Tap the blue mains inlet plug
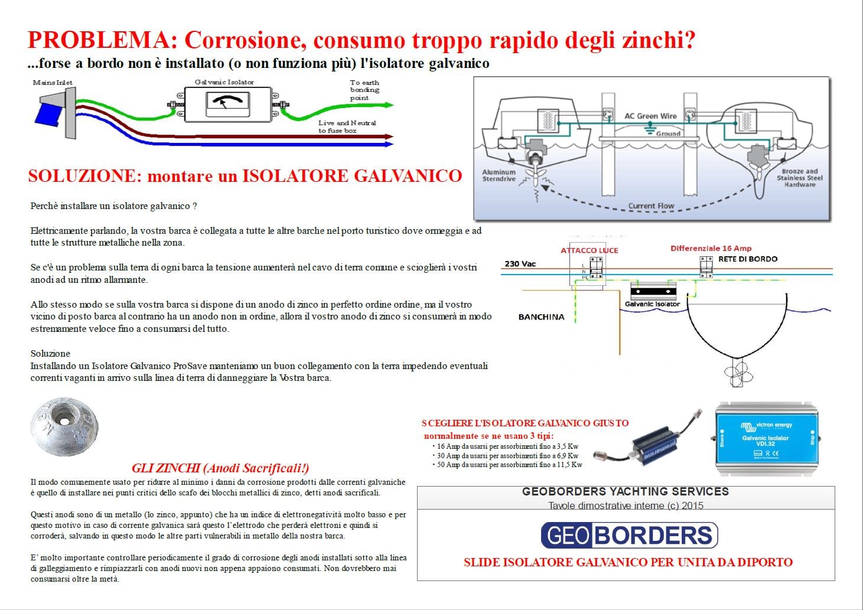[x=49, y=114]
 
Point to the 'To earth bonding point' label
[x=364, y=90]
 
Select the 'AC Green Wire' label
[x=650, y=116]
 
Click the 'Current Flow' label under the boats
[x=651, y=206]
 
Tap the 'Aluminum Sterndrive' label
[x=499, y=175]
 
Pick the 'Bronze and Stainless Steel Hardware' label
[x=799, y=178]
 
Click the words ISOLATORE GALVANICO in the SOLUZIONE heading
[x=351, y=176]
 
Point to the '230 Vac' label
[x=520, y=264]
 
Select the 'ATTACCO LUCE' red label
[x=589, y=250]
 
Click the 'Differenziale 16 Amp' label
[x=711, y=249]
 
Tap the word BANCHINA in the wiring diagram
[x=541, y=317]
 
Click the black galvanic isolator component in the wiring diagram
[x=653, y=291]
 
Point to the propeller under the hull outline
[x=738, y=373]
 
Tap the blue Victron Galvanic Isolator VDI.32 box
[x=766, y=438]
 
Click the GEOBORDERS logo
[x=630, y=535]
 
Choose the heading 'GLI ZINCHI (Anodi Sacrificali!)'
[x=220, y=468]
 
